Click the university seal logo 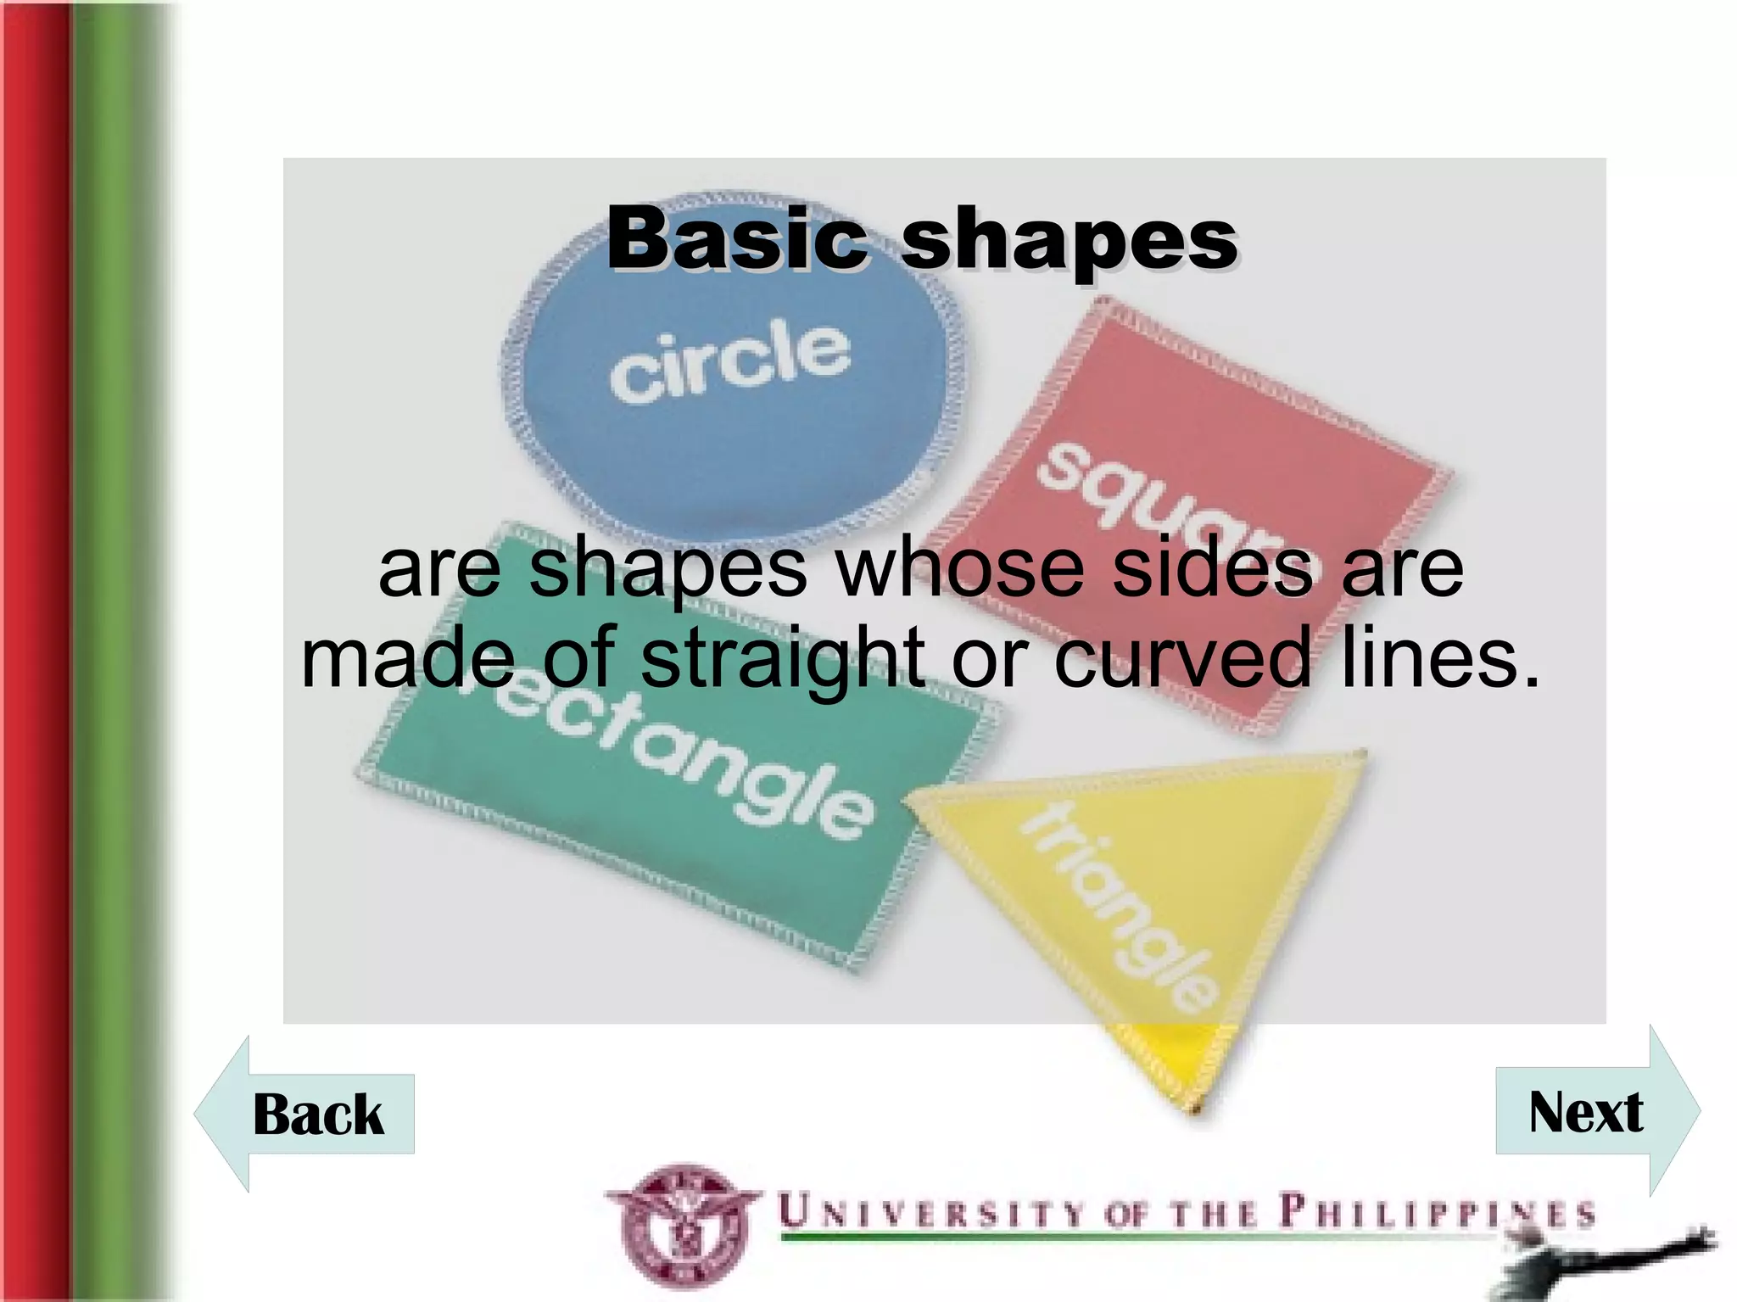[x=683, y=1227]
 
